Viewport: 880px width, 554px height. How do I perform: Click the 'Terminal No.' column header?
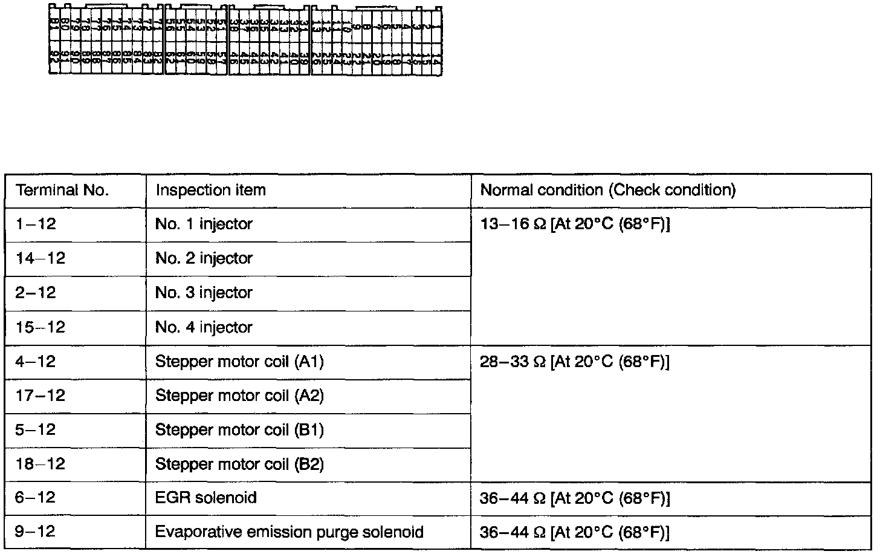(x=62, y=191)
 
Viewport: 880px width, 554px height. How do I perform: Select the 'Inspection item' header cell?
(x=210, y=191)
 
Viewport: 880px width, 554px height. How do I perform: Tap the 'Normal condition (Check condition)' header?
(x=607, y=191)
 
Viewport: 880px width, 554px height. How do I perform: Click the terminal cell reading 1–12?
(x=36, y=224)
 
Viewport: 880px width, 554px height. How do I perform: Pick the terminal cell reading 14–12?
(x=40, y=259)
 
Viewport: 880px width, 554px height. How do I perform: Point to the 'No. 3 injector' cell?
(x=204, y=293)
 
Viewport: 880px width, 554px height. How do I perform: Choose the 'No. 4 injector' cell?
(x=204, y=328)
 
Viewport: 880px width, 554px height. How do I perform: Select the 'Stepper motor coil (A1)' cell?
(x=239, y=362)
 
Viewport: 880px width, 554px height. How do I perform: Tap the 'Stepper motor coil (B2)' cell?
(x=239, y=464)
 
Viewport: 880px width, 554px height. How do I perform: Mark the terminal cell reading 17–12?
(x=40, y=396)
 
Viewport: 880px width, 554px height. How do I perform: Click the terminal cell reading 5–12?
(x=36, y=430)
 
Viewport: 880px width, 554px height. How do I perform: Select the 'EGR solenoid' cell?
(x=206, y=498)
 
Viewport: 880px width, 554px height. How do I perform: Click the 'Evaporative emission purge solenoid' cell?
(x=289, y=532)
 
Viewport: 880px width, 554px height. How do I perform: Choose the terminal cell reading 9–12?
(x=36, y=532)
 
